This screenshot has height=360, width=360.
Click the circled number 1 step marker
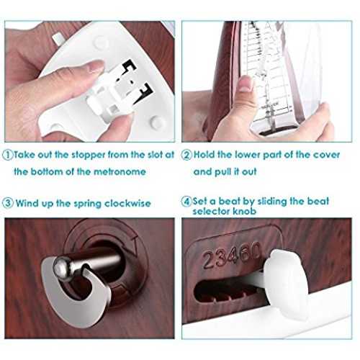click(x=7, y=155)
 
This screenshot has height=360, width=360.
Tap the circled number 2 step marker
click(x=186, y=155)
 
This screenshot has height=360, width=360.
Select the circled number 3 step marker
click(x=8, y=203)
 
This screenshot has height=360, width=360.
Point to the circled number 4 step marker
click(x=186, y=201)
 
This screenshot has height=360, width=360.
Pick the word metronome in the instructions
click(x=120, y=172)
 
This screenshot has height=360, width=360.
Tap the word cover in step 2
click(x=327, y=155)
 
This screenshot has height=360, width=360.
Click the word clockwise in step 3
click(x=127, y=204)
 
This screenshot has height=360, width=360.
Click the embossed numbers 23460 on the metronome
click(x=231, y=255)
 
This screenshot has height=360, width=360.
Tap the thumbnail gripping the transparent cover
click(x=246, y=84)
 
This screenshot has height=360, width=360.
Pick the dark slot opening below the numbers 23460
click(x=228, y=289)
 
